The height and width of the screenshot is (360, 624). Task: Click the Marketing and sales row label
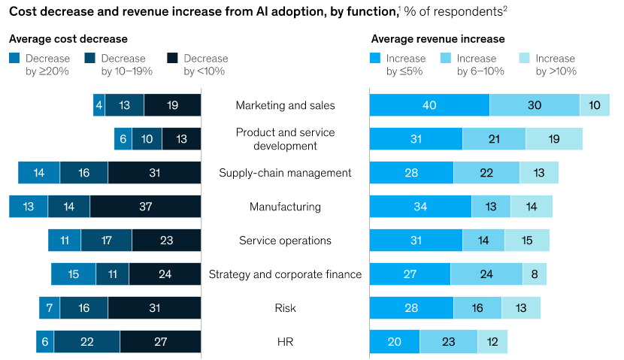285,105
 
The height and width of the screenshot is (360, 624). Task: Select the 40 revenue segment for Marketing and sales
429,105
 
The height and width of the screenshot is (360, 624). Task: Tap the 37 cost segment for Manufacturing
145,207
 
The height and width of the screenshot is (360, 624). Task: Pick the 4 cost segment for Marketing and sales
98,105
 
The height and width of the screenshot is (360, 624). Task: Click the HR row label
285,342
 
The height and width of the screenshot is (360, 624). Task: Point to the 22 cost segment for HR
86,342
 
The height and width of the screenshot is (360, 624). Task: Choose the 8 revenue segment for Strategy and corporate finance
534,274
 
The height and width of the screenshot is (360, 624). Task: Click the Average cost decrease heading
68,39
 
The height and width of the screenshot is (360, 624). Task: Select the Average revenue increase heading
438,39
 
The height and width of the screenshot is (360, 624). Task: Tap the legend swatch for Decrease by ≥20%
15,58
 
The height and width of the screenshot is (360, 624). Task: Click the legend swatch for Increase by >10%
525,58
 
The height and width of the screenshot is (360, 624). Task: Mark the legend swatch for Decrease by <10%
172,58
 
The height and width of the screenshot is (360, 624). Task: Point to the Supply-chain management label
285,173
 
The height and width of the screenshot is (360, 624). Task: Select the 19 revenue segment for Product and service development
553,139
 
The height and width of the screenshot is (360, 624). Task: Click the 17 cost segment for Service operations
106,241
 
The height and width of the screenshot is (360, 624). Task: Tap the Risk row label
285,308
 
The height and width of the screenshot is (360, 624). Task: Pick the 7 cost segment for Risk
50,308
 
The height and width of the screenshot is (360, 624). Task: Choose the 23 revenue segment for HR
448,342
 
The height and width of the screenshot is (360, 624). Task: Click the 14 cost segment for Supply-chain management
39,173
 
